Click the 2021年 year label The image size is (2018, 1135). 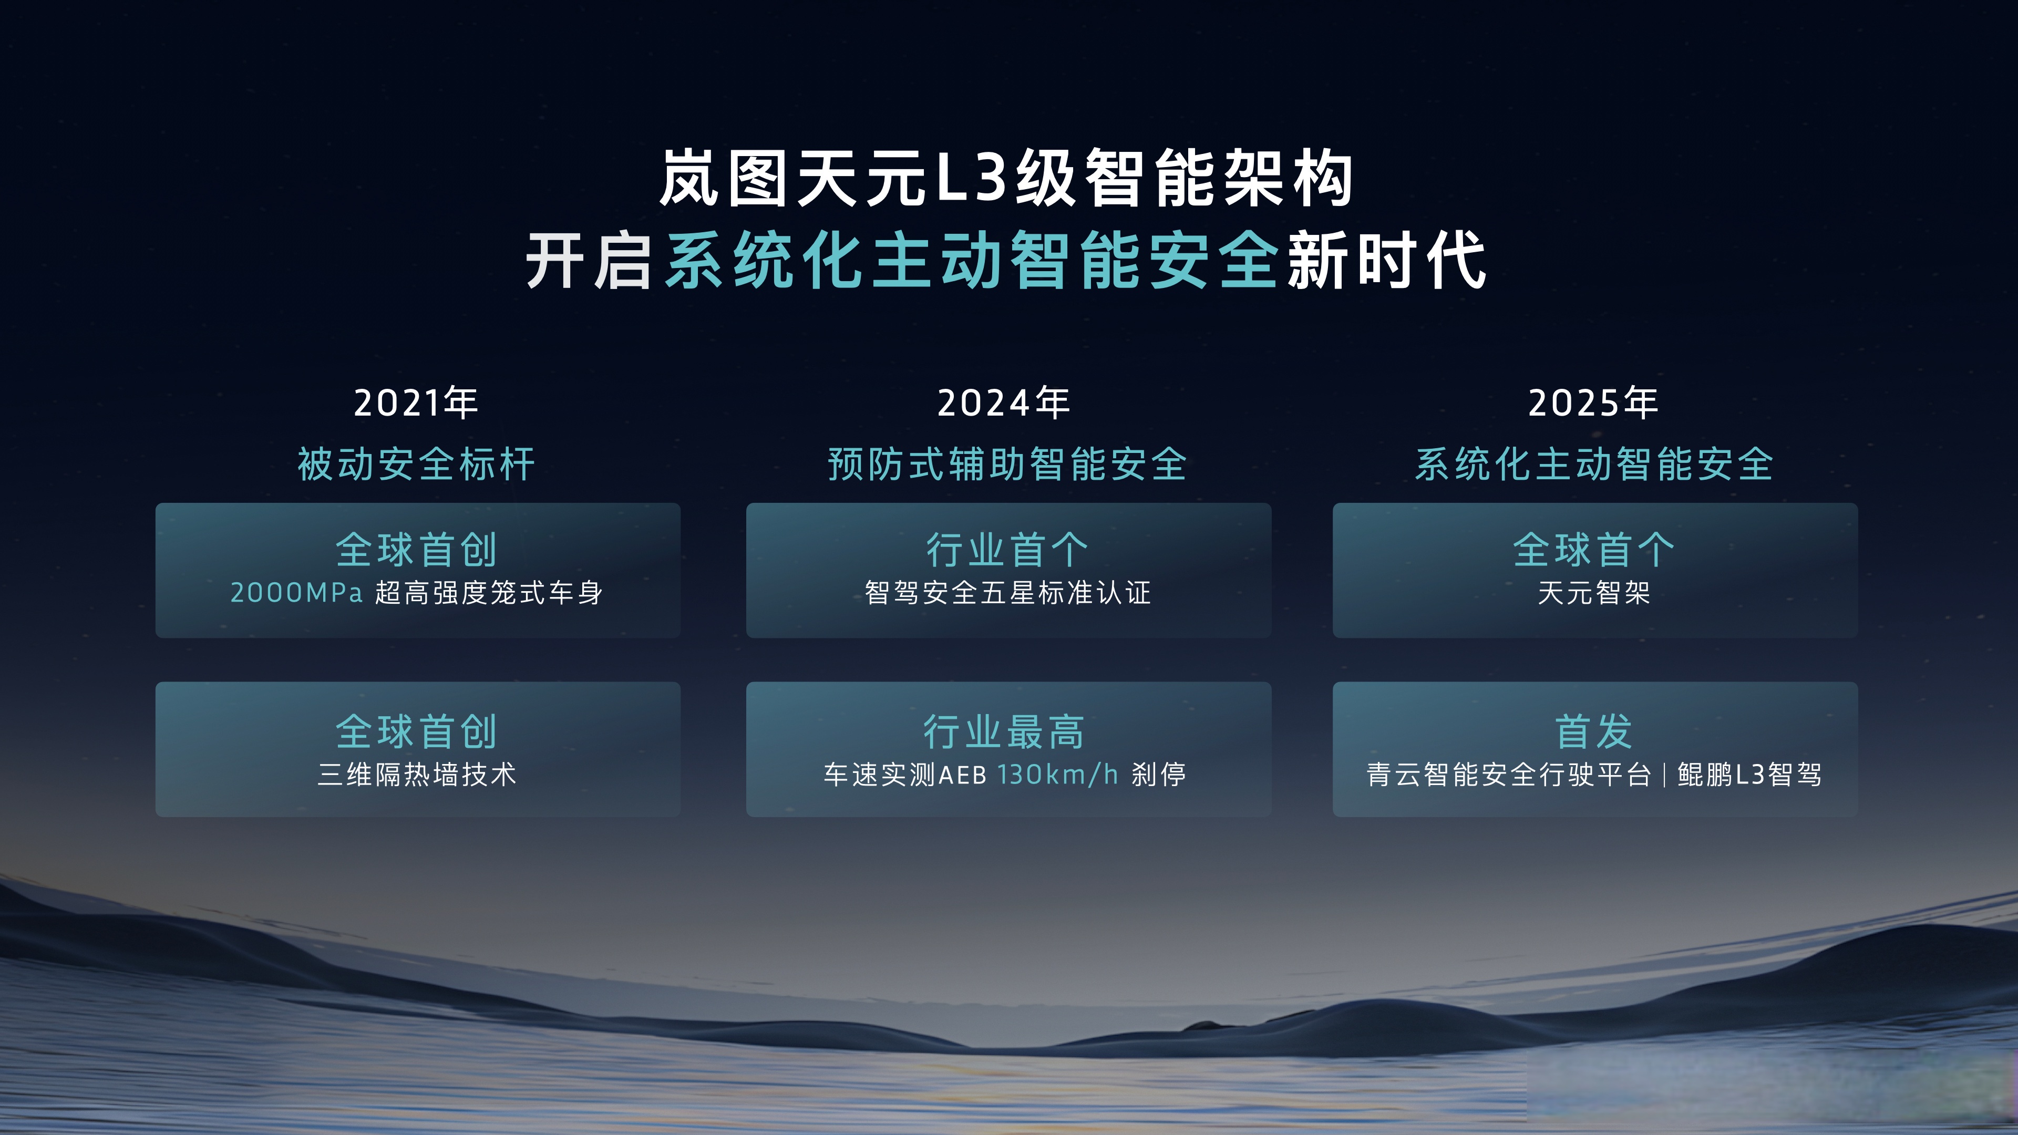point(416,404)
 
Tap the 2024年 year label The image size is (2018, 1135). point(1004,404)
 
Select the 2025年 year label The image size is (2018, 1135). point(1593,404)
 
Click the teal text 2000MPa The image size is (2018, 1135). point(296,593)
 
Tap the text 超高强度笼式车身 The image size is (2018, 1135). point(489,593)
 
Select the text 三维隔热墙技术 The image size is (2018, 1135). point(417,775)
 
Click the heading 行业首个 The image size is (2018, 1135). point(1007,549)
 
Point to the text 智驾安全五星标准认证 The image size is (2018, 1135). point(1007,593)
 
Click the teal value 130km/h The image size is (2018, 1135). point(1057,775)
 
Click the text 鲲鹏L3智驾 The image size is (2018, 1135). point(1749,775)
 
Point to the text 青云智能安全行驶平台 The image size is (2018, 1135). point(1509,775)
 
